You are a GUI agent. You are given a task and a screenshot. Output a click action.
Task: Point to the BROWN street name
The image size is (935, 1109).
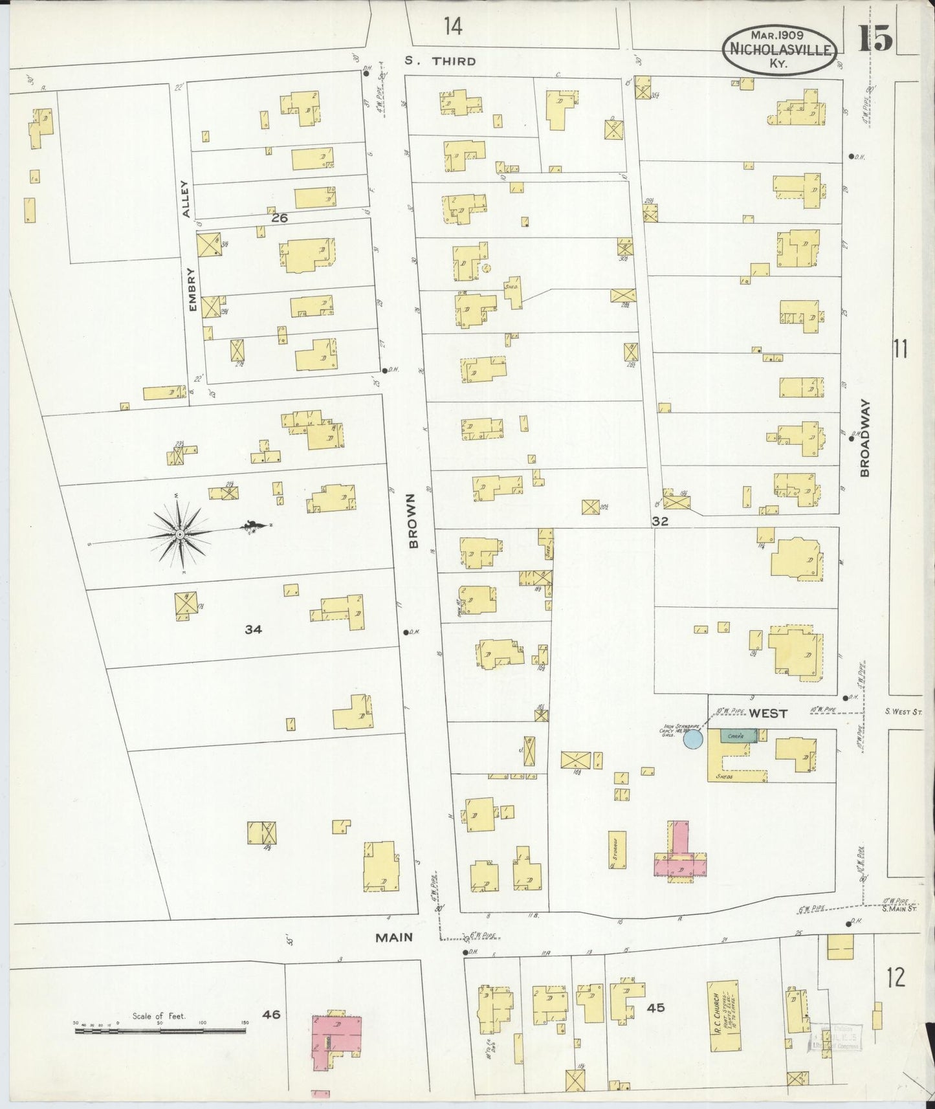click(414, 520)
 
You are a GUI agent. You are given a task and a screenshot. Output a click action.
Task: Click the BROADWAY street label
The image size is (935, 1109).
click(865, 437)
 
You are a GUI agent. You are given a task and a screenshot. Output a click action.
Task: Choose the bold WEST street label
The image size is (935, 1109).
click(768, 713)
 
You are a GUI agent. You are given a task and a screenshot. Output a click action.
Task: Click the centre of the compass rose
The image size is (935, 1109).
click(180, 535)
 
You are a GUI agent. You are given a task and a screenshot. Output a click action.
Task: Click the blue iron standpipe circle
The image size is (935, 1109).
click(693, 739)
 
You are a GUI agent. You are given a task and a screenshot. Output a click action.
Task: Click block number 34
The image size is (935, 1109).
click(253, 629)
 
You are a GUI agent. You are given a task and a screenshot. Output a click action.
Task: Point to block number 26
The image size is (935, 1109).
click(279, 218)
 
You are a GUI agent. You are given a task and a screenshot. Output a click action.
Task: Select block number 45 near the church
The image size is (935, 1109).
click(655, 1007)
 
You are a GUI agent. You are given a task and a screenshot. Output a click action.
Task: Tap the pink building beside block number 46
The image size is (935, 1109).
click(335, 1043)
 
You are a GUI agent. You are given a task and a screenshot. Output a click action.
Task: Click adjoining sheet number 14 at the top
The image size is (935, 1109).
click(453, 27)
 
